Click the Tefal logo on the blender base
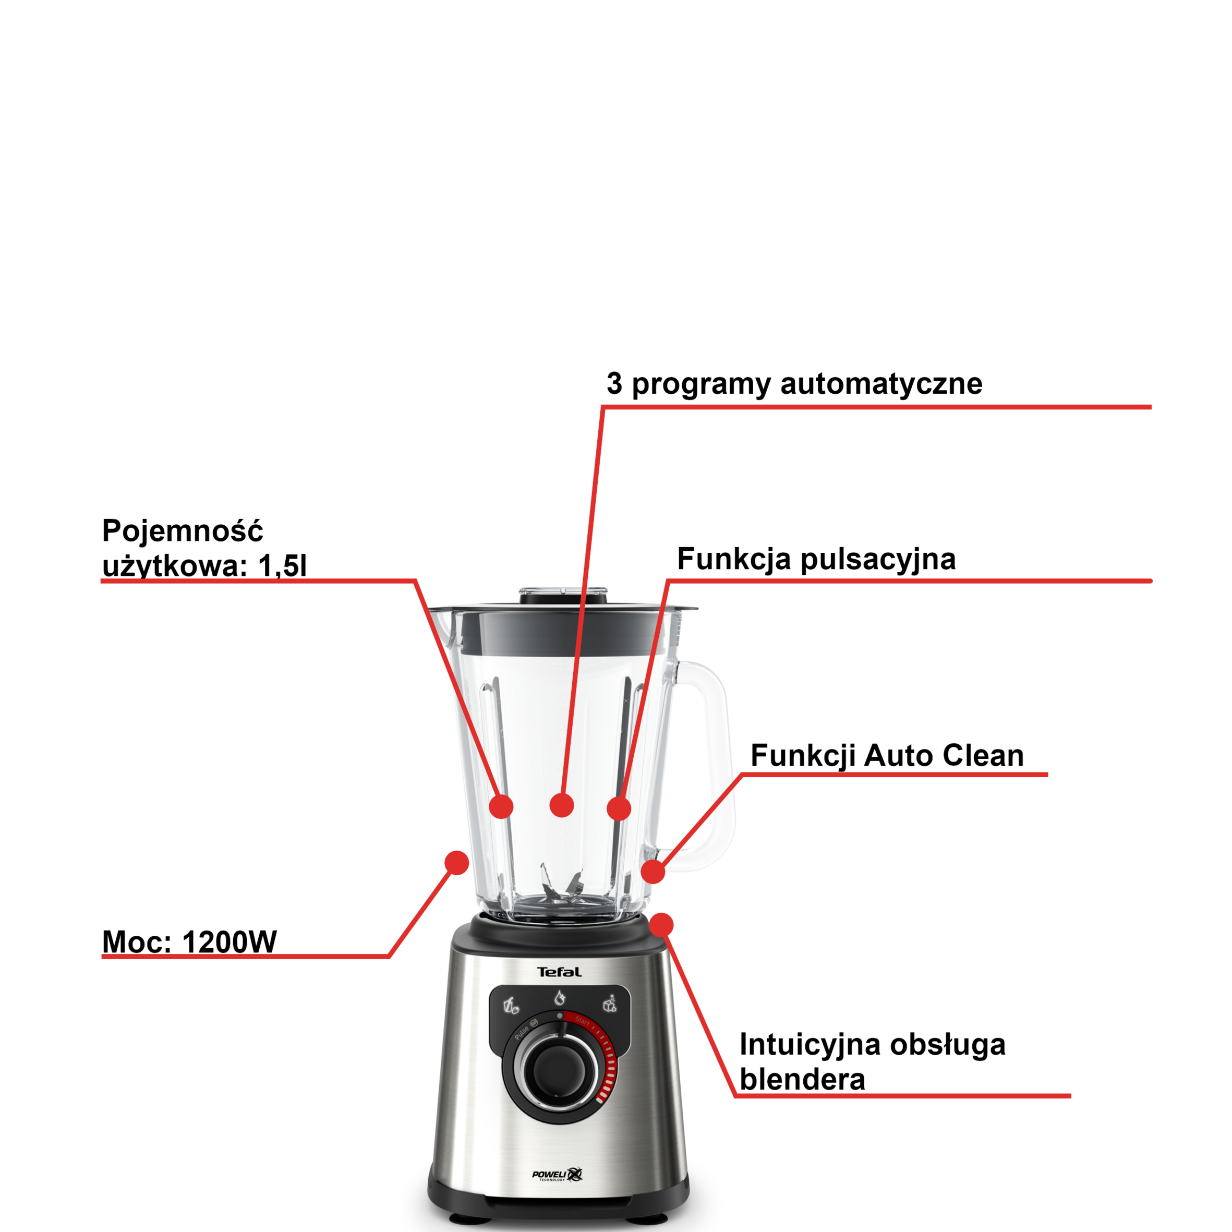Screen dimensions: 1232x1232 (559, 972)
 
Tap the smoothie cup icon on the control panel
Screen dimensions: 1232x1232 (511, 1006)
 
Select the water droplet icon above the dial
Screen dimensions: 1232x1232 (559, 997)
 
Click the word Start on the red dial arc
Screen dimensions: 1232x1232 (582, 1020)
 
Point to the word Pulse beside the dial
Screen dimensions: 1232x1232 (522, 1032)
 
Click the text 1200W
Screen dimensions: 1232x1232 (230, 942)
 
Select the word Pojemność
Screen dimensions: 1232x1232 (183, 530)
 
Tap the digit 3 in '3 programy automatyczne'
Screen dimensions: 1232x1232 (614, 383)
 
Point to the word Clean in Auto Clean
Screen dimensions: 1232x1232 (983, 756)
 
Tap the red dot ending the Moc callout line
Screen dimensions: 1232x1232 (456, 863)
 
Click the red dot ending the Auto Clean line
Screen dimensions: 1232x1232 (653, 871)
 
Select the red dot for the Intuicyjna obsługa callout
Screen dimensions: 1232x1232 (661, 925)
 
